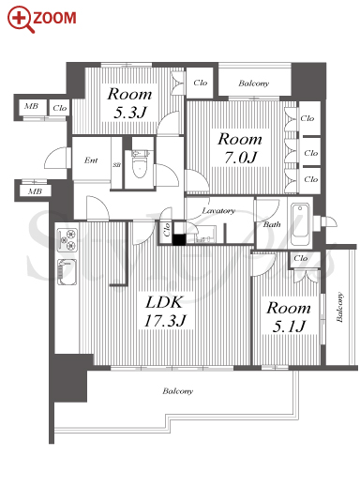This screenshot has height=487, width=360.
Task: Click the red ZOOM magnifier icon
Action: tap(21, 19)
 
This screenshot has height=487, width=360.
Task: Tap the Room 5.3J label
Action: tap(129, 103)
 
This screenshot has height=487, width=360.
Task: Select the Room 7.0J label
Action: tap(240, 147)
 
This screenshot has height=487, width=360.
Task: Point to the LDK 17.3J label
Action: tap(165, 312)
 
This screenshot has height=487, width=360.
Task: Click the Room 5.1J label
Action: tap(289, 317)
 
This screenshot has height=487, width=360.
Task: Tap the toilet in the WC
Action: tap(139, 163)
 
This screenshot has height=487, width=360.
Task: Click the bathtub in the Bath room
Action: tap(300, 224)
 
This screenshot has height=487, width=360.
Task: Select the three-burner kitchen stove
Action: tap(67, 239)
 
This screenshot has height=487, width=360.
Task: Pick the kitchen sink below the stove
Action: tap(67, 272)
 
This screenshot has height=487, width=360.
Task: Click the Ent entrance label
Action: tap(91, 160)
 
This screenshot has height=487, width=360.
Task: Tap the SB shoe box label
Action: tap(116, 164)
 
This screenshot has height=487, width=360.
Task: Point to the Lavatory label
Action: tap(218, 211)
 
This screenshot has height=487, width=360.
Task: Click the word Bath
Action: tap(272, 224)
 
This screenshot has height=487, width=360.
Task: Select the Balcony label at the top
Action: tap(254, 84)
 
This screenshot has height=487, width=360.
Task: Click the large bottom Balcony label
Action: tap(177, 391)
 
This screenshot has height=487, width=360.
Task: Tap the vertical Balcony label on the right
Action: tap(339, 307)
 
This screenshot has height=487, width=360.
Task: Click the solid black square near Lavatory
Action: tap(179, 239)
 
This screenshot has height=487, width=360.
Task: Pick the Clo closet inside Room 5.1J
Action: tap(301, 258)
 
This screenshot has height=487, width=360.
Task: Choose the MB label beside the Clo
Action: tap(31, 106)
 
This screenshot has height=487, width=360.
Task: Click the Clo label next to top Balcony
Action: tap(201, 83)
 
